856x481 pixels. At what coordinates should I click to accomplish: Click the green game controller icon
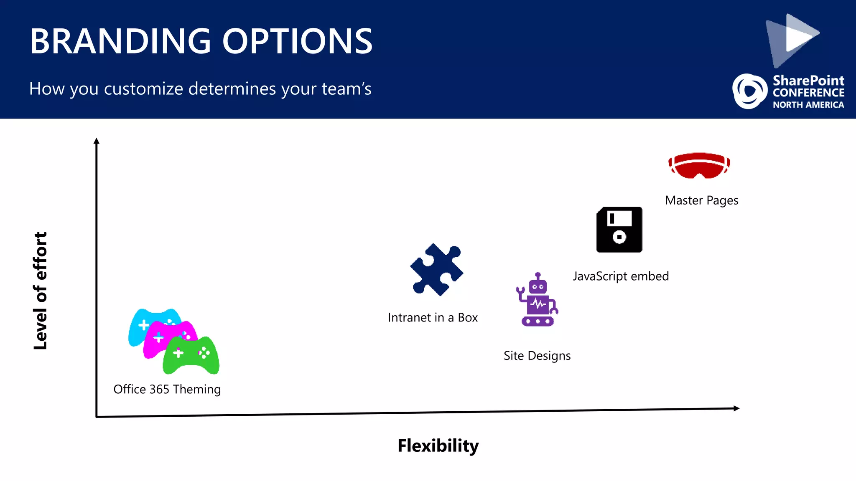tap(191, 356)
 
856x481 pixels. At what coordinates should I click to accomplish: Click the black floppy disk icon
tap(619, 230)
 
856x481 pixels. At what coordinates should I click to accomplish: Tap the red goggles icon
tap(699, 166)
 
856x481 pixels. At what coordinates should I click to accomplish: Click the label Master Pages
tap(701, 200)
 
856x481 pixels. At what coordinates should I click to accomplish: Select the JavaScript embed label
tap(621, 276)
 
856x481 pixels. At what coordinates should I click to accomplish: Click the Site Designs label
tap(537, 356)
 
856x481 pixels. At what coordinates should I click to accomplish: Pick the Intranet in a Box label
tap(433, 318)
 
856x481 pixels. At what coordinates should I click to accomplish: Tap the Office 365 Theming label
tap(167, 389)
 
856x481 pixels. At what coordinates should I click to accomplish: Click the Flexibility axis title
tap(438, 446)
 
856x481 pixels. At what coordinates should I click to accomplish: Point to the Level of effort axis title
tap(41, 291)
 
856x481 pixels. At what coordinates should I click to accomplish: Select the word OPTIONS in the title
tap(297, 41)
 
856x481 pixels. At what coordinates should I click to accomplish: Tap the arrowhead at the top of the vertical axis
tap(97, 141)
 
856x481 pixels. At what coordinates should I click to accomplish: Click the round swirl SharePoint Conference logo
tap(749, 91)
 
